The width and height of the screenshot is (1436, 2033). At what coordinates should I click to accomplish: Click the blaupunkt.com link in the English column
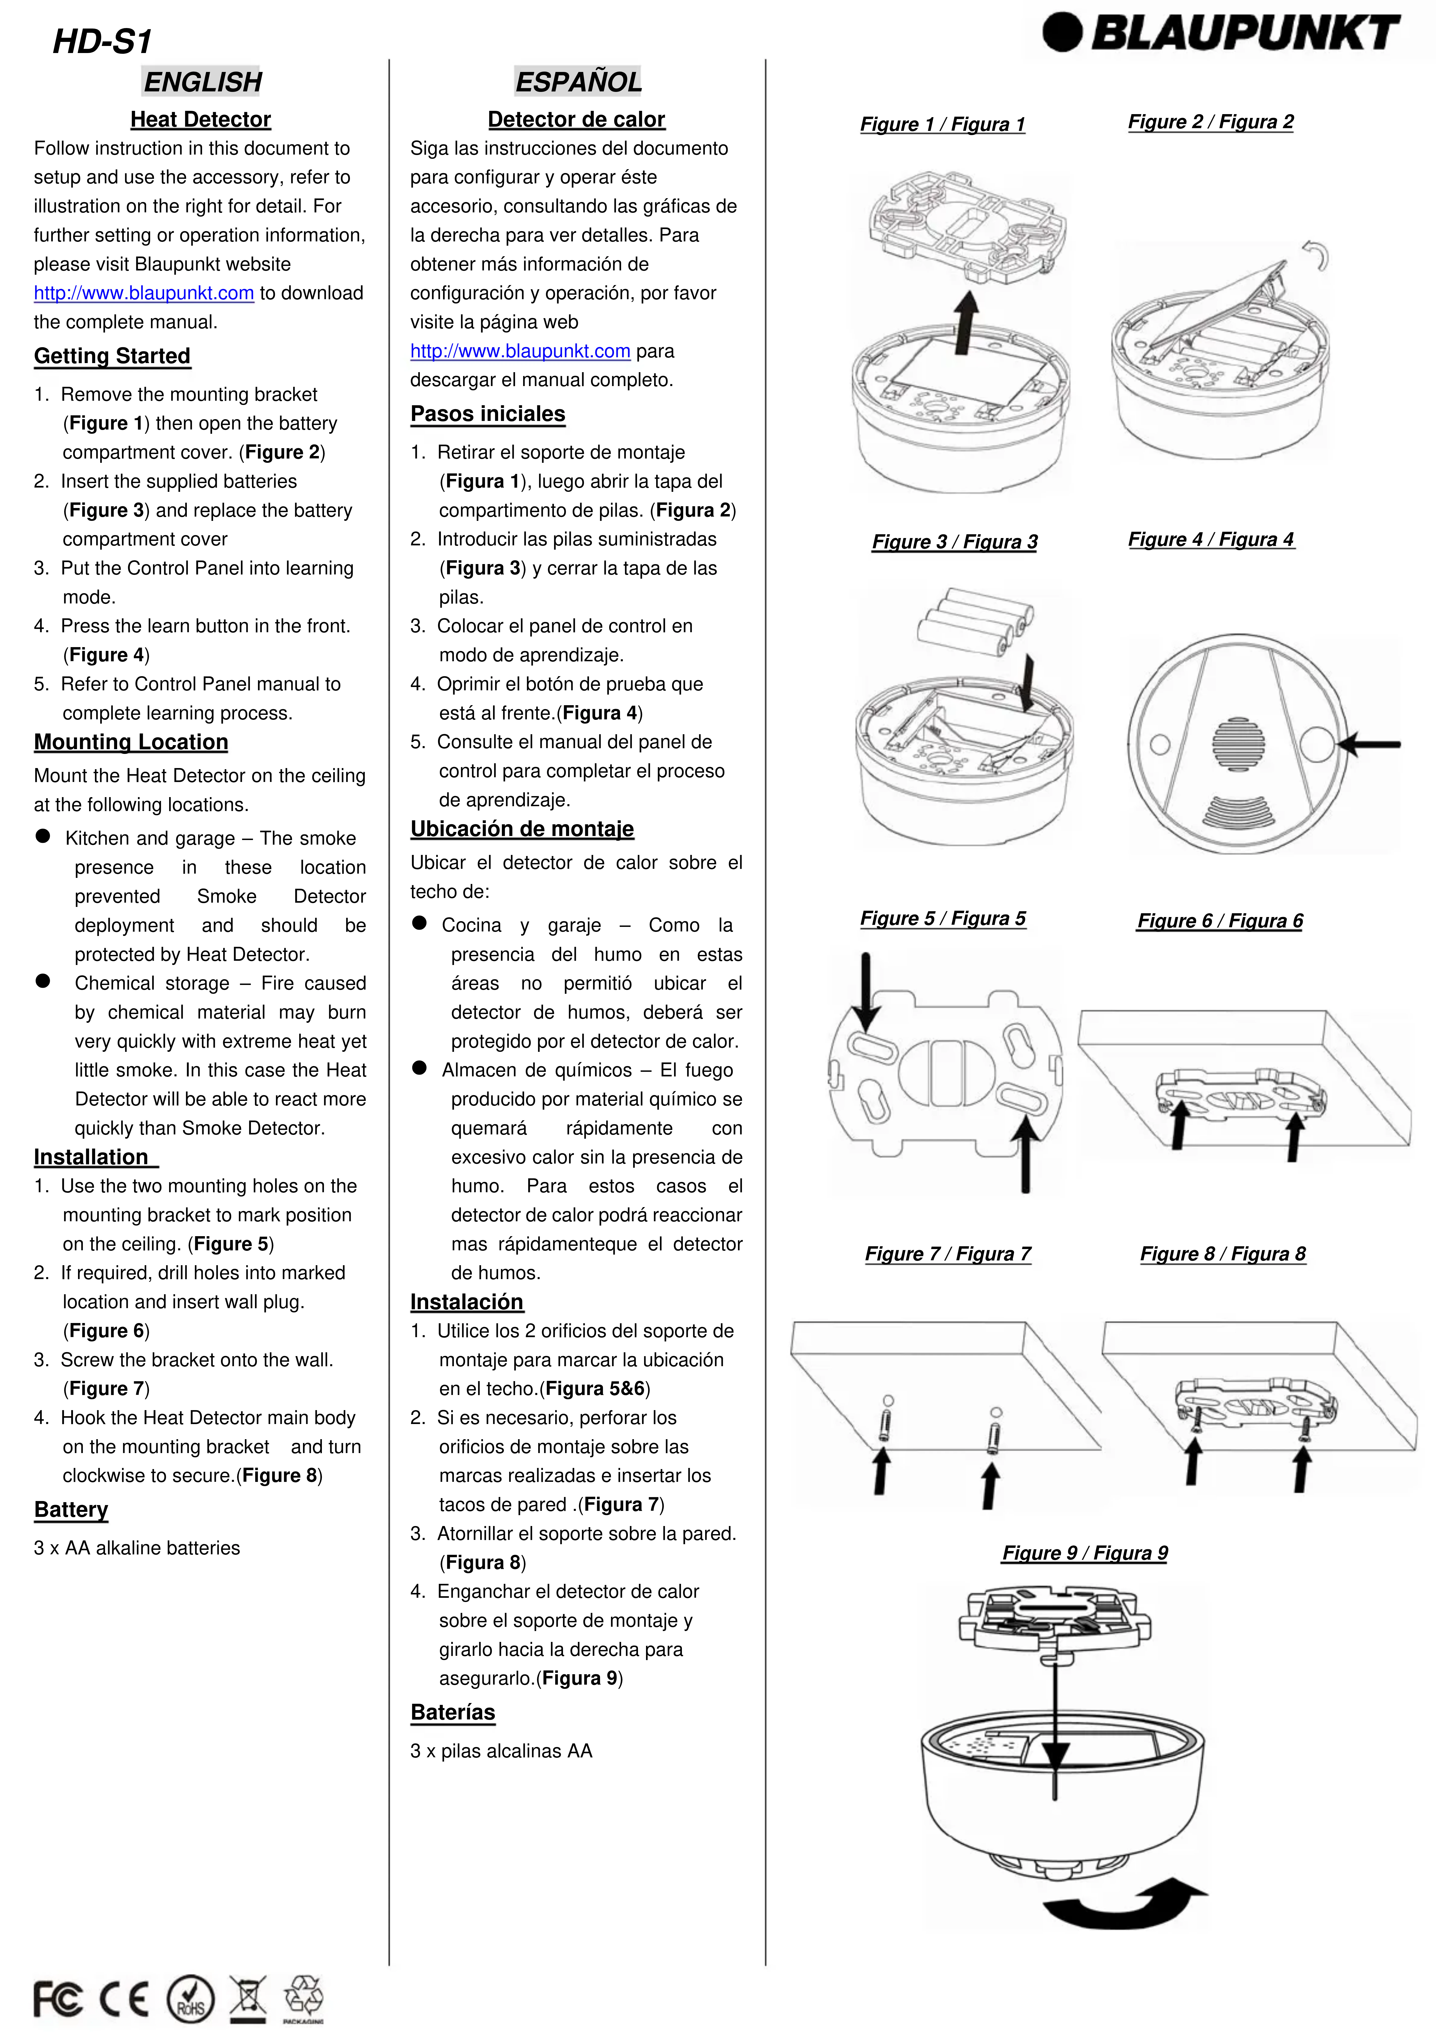click(143, 293)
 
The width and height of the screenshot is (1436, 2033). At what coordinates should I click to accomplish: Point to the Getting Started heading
click(112, 356)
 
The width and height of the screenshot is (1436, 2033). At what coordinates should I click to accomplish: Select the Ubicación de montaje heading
click(521, 829)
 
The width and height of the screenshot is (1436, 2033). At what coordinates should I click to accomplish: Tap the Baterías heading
click(452, 1712)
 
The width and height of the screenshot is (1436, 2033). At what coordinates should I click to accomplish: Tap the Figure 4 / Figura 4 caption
click(1210, 539)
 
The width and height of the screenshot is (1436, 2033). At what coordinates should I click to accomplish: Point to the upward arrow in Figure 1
click(967, 323)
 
